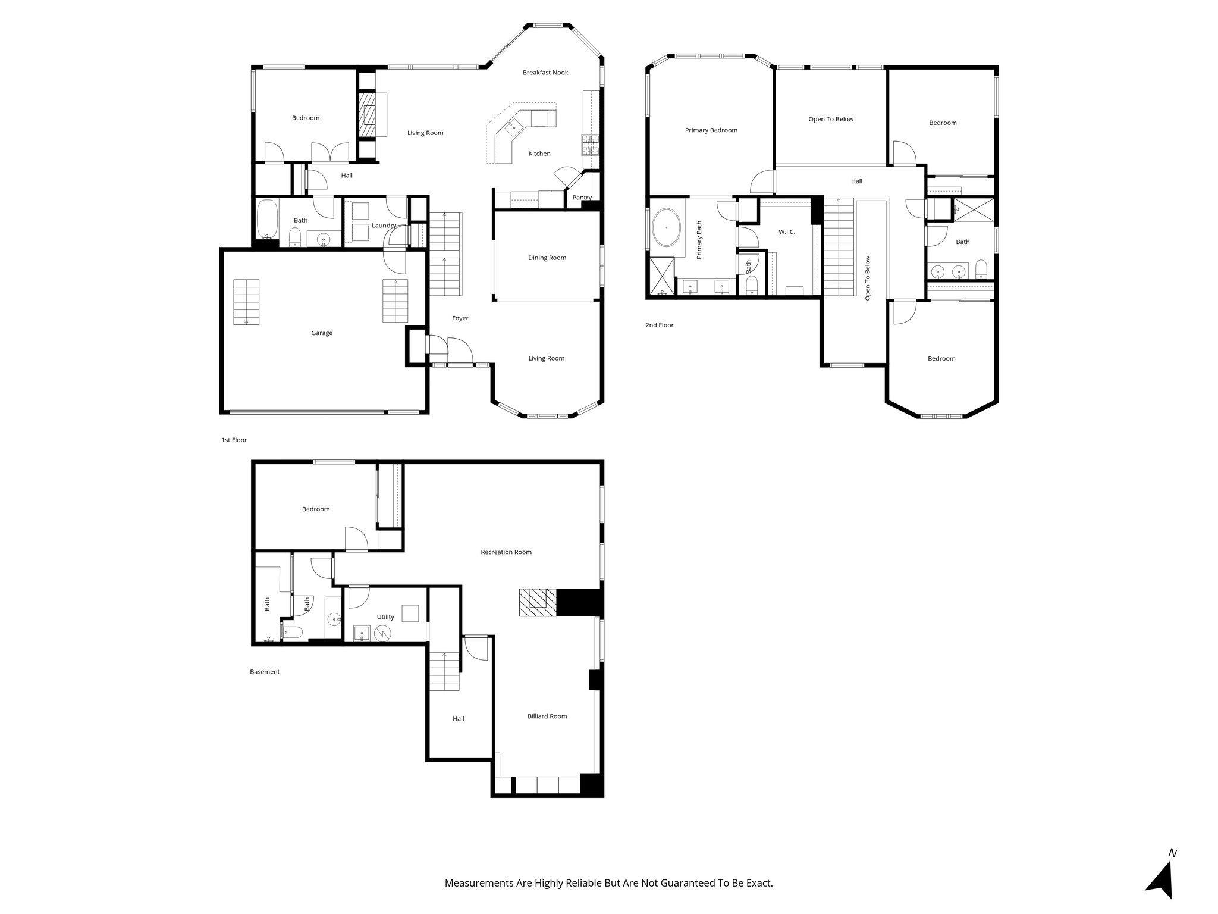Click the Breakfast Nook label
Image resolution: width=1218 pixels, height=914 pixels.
click(545, 73)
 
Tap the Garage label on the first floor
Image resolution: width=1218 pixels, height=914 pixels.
click(322, 333)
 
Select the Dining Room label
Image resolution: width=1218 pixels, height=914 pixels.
click(547, 258)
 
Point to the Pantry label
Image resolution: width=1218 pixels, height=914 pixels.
click(582, 198)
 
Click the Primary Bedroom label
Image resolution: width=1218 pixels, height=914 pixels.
click(711, 130)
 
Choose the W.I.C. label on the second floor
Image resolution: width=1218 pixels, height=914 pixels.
click(786, 232)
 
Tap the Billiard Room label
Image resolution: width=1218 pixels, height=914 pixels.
click(547, 716)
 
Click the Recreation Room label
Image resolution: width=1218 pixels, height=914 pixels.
click(506, 552)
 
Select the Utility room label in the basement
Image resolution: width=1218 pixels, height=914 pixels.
click(385, 617)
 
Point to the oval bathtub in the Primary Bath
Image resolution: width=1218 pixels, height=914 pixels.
click(667, 228)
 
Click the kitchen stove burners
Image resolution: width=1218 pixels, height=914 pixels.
click(590, 145)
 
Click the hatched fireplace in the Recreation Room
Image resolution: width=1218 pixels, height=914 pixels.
click(537, 602)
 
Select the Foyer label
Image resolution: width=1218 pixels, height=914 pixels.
click(460, 318)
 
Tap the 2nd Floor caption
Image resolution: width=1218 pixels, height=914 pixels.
click(659, 325)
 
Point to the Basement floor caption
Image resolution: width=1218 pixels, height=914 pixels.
click(265, 672)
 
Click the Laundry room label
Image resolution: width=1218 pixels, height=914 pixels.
click(384, 226)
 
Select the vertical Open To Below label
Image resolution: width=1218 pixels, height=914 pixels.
click(867, 278)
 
